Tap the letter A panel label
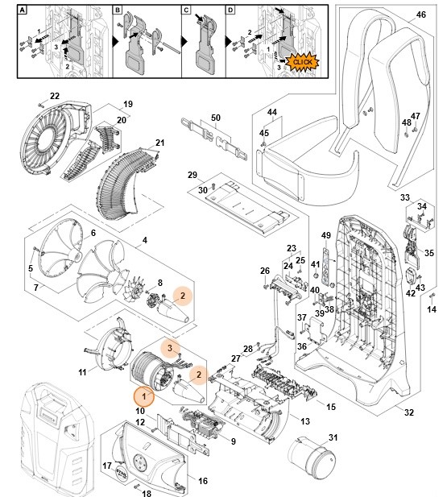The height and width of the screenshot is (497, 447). click(23, 10)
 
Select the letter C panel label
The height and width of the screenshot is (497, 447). click(185, 10)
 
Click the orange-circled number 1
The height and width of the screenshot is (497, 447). click(144, 396)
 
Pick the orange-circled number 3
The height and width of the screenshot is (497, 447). click(170, 347)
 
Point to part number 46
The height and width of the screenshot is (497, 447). click(420, 15)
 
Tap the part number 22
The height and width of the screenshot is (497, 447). click(55, 97)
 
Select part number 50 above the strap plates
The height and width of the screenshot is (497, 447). click(215, 118)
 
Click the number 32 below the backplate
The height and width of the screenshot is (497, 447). click(408, 412)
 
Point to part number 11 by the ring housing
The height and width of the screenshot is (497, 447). click(82, 372)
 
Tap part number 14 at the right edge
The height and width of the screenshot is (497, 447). click(431, 309)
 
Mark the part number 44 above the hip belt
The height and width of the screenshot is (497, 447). click(271, 111)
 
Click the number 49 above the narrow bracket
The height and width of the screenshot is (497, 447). click(325, 235)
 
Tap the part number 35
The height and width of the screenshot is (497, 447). click(429, 252)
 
